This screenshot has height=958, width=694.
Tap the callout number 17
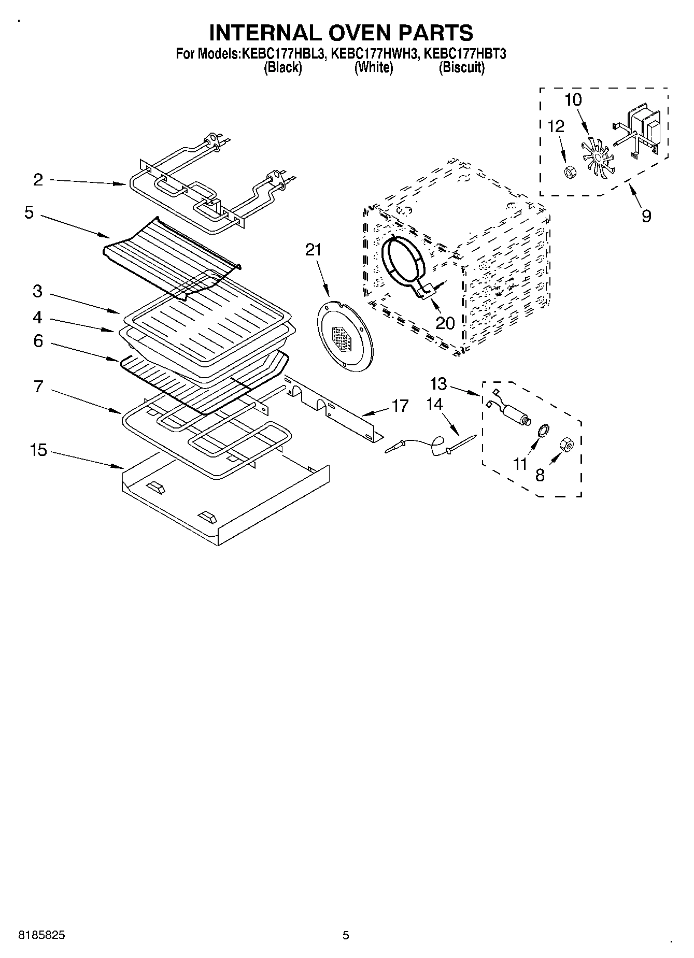click(400, 406)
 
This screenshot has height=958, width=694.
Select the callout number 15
click(38, 450)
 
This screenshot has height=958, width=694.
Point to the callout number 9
click(646, 216)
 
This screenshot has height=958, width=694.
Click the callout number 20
click(445, 323)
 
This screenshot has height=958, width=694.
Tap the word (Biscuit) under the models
click(461, 67)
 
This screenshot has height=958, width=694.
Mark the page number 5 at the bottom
click(346, 935)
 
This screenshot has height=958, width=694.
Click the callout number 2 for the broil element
click(38, 180)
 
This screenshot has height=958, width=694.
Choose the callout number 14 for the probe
click(434, 404)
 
